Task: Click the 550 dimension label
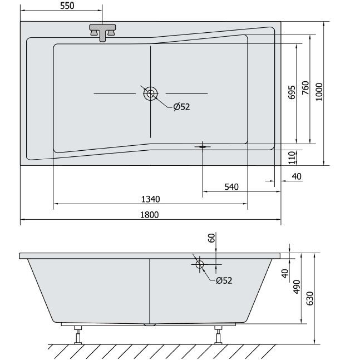pos(67,6)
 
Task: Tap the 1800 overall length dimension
pos(150,215)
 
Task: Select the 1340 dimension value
pos(151,199)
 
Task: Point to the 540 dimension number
pos(231,187)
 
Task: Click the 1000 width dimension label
pos(319,92)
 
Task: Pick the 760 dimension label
pos(305,88)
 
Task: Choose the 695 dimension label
pos(292,92)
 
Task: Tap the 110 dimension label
pos(292,157)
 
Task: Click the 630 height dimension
pos(310,298)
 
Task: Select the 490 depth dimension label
pos(297,287)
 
